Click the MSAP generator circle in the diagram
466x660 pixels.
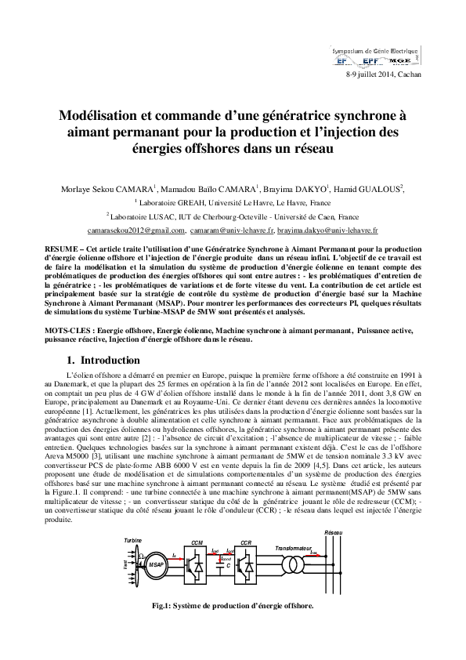[x=156, y=563]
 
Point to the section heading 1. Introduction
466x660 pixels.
[x=103, y=360]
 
